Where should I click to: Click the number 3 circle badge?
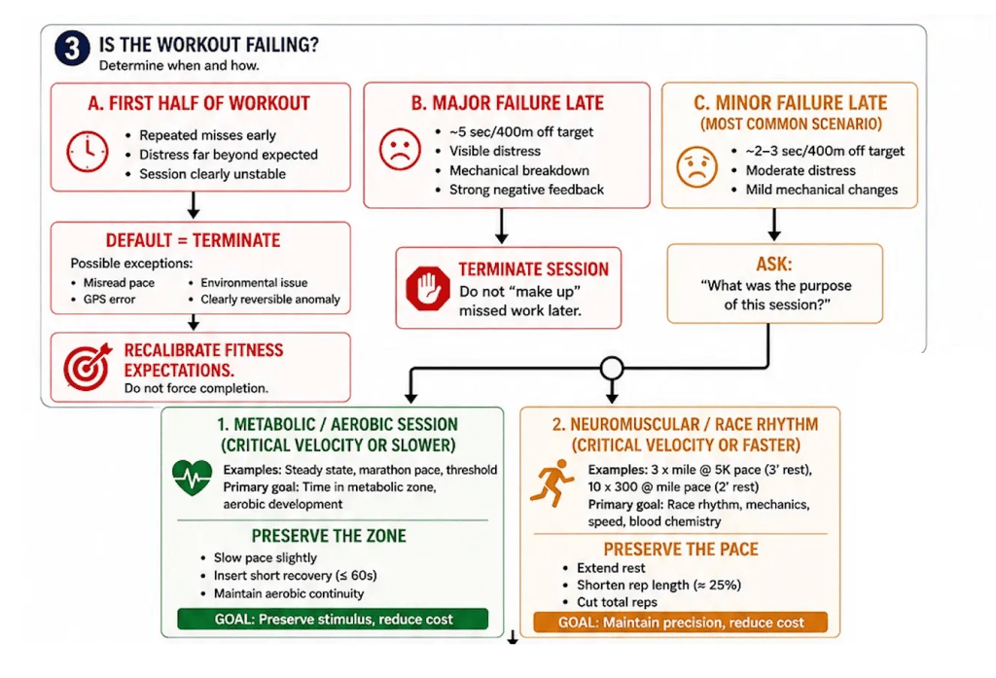pos(72,49)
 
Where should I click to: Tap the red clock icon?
pos(87,151)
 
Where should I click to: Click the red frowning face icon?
pos(400,150)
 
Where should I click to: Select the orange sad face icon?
pos(696,166)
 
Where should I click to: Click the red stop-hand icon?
pos(428,288)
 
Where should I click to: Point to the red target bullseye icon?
pos(88,367)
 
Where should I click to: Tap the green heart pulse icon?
pos(192,478)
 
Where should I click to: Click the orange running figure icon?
pos(551,482)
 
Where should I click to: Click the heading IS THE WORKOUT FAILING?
pos(208,45)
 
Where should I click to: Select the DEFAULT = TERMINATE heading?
pos(194,240)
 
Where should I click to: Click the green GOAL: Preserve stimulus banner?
pos(333,619)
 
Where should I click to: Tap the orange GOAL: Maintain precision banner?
pos(680,623)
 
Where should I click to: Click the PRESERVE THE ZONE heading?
pos(329,536)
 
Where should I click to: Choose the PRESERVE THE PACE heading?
pos(681,549)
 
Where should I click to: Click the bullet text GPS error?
pos(109,300)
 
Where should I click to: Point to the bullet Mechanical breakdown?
pos(519,170)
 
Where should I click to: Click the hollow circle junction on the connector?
pos(612,368)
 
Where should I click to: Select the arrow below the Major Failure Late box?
pos(502,226)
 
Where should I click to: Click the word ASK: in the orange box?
pos(774,264)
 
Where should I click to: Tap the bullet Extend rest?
pos(611,568)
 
